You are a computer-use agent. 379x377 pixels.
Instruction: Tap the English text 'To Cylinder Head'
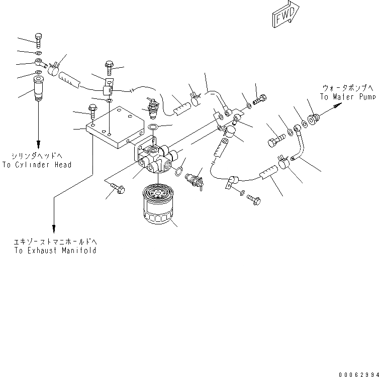coord(37,165)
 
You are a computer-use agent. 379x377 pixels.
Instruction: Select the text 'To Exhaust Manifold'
coord(55,250)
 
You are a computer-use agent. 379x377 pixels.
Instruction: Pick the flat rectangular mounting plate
coord(115,128)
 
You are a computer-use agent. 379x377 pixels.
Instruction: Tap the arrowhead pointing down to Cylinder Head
coord(39,142)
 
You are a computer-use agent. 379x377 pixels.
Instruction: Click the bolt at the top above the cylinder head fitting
coord(39,40)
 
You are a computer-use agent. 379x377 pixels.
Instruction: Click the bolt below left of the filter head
coord(118,189)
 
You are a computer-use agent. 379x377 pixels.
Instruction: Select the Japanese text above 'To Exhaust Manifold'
coord(55,242)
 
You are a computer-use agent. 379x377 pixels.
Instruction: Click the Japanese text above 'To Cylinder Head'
coord(37,156)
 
